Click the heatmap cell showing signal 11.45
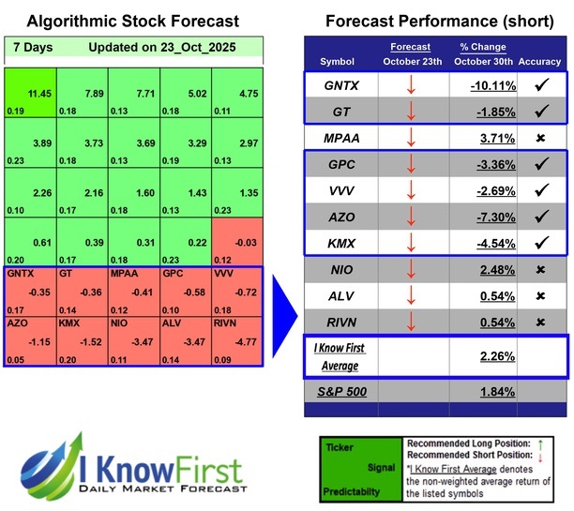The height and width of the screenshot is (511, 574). (x=29, y=94)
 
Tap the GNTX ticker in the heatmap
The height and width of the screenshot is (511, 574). (x=29, y=290)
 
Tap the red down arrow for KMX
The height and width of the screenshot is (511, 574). (x=412, y=243)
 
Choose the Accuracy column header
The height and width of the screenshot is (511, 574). (x=539, y=61)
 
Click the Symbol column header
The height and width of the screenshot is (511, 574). (x=338, y=61)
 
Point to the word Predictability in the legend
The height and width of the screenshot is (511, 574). (x=359, y=490)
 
